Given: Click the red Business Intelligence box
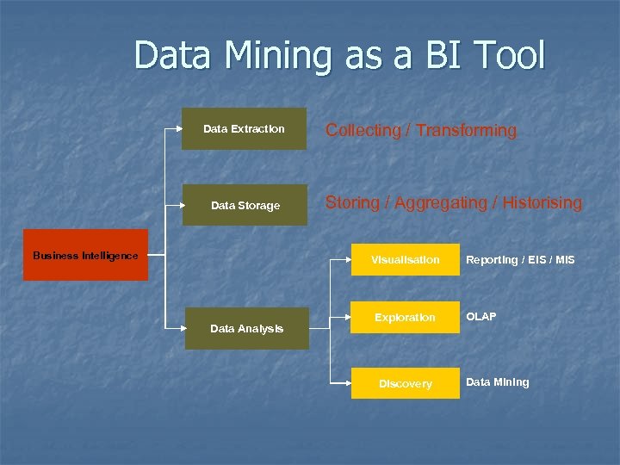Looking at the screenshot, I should click(x=85, y=255).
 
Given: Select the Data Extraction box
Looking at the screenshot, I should click(x=244, y=128).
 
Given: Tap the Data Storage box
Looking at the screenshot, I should click(x=245, y=205).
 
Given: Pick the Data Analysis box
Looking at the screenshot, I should click(x=247, y=328).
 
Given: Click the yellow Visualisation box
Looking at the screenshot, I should click(x=405, y=259).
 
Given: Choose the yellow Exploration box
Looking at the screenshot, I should click(x=405, y=318).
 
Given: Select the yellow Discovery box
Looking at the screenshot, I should click(x=405, y=383).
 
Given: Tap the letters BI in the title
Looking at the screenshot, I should click(x=437, y=57).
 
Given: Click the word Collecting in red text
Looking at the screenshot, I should click(x=363, y=131).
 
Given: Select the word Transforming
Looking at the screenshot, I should click(x=466, y=131).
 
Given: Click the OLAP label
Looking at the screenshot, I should click(x=481, y=317).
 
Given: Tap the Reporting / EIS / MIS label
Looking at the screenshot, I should click(x=520, y=260).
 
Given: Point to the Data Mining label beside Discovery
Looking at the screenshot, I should click(x=498, y=382).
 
